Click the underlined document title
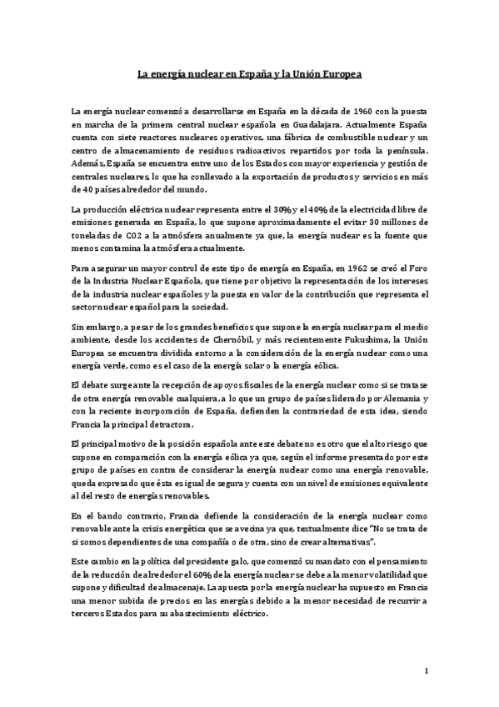tap(249, 74)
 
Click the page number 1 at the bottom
tap(426, 670)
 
